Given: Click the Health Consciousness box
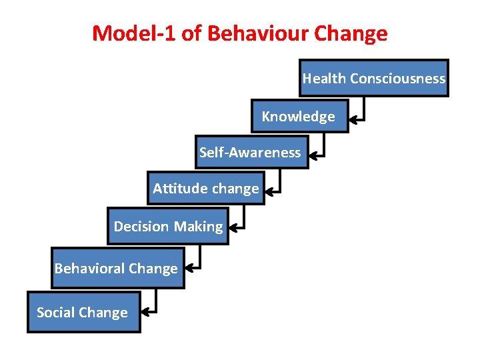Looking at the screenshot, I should click(x=373, y=78).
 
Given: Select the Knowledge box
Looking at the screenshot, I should click(x=300, y=117).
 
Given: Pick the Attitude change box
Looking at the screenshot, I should click(x=206, y=189).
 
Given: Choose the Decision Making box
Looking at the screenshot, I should click(x=168, y=227).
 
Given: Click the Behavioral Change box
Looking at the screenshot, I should click(x=117, y=269).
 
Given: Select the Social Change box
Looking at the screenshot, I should click(x=83, y=312).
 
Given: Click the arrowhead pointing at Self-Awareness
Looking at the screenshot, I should click(x=314, y=157).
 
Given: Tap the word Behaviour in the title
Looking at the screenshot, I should click(x=253, y=33).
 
